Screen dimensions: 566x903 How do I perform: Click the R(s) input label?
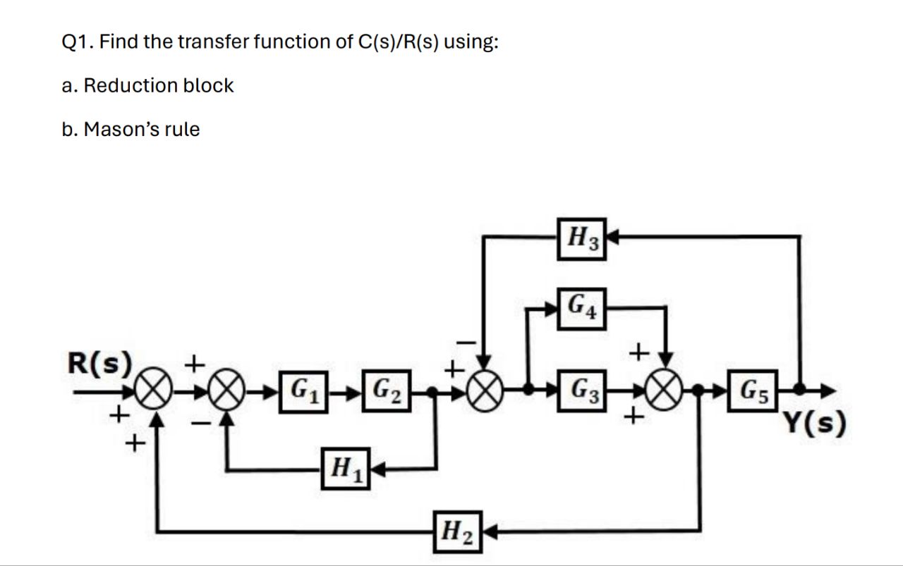pyautogui.click(x=99, y=362)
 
